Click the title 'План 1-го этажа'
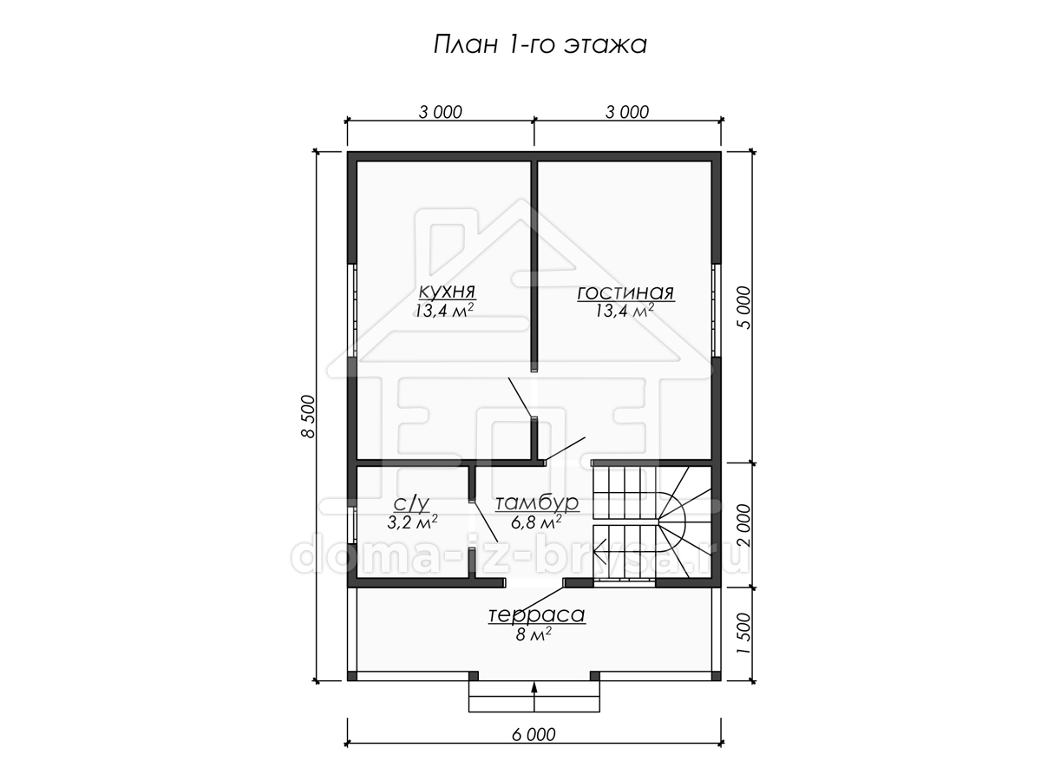tap(540, 45)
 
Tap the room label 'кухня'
tap(447, 291)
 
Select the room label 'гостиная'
tap(625, 293)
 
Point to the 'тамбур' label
tap(537, 503)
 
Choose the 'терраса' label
tap(537, 615)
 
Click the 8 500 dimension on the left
tap(308, 417)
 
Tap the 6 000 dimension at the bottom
tap(534, 735)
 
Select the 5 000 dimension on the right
tap(744, 308)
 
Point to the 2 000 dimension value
tap(744, 525)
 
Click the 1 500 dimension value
tap(744, 634)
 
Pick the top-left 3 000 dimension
tap(440, 113)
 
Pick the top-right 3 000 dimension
tap(627, 113)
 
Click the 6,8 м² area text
tap(536, 522)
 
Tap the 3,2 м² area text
tap(412, 522)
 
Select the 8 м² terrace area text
tap(534, 634)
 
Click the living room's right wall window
tap(717, 311)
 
